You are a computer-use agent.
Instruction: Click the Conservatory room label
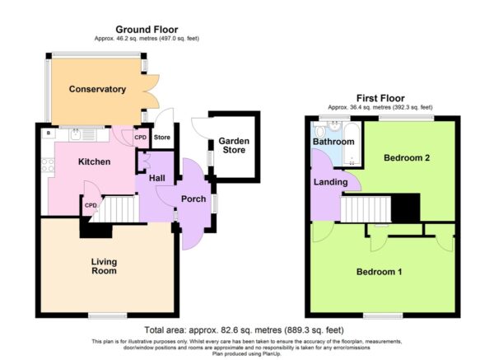click(x=97, y=89)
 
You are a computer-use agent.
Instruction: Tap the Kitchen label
click(x=94, y=161)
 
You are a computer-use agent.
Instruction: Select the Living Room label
click(x=104, y=266)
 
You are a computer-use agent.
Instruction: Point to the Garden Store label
click(x=234, y=145)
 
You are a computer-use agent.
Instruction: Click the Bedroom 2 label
click(x=407, y=157)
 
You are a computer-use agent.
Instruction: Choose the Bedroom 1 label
click(x=379, y=272)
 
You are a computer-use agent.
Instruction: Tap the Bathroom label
click(x=333, y=142)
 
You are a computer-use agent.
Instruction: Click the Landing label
click(x=330, y=182)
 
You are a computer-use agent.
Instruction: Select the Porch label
click(x=193, y=199)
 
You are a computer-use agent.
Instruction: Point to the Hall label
click(x=157, y=178)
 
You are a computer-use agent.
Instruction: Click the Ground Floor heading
click(x=147, y=30)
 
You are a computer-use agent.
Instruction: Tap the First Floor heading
click(x=380, y=98)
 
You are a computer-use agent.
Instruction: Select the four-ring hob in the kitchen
click(x=48, y=165)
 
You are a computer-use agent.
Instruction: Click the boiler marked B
click(x=49, y=133)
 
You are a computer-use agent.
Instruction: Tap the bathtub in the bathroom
click(x=352, y=144)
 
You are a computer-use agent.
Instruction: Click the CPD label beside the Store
click(x=141, y=138)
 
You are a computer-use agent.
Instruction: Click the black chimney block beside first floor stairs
click(x=405, y=208)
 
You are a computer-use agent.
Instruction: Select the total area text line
click(x=244, y=330)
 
